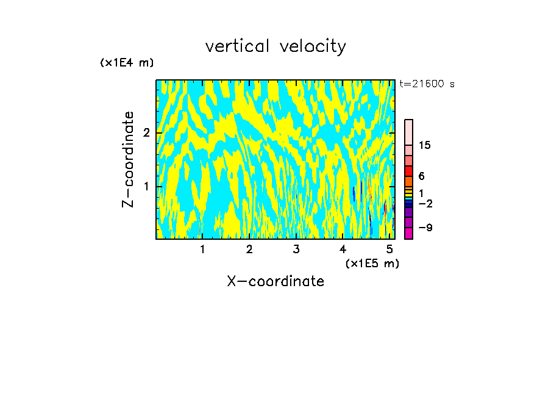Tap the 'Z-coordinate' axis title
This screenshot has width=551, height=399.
(x=128, y=159)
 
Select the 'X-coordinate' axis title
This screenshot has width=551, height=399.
(x=275, y=281)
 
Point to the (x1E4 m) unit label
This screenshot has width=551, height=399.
(x=127, y=63)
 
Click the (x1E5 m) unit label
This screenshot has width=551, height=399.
(x=372, y=263)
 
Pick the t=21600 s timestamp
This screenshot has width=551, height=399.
(x=427, y=84)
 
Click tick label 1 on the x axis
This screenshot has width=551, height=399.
(x=202, y=249)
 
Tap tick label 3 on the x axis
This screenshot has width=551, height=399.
(x=296, y=249)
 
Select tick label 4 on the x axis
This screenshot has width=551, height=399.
(x=343, y=249)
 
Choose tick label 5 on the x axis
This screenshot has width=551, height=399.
(x=390, y=249)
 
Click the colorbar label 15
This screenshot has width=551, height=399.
(x=425, y=145)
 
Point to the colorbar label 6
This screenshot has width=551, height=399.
(x=421, y=176)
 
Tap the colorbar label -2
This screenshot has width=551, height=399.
(x=425, y=203)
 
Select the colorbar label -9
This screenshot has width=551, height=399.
(x=425, y=228)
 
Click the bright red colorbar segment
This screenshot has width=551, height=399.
(x=408, y=171)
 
